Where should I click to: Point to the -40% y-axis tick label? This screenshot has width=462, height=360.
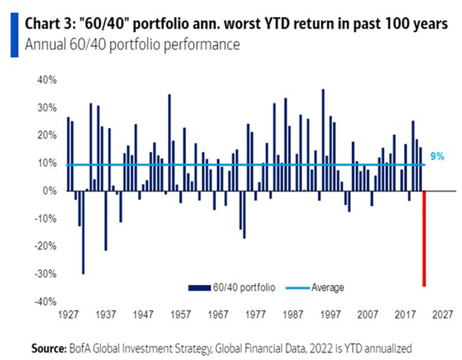(x=46, y=301)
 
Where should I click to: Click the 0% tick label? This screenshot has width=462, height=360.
(x=51, y=191)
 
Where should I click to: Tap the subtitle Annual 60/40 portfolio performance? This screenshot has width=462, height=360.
(x=132, y=45)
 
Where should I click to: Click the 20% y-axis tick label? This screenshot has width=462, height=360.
(x=48, y=136)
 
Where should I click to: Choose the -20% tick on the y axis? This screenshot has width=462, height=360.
(x=46, y=246)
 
